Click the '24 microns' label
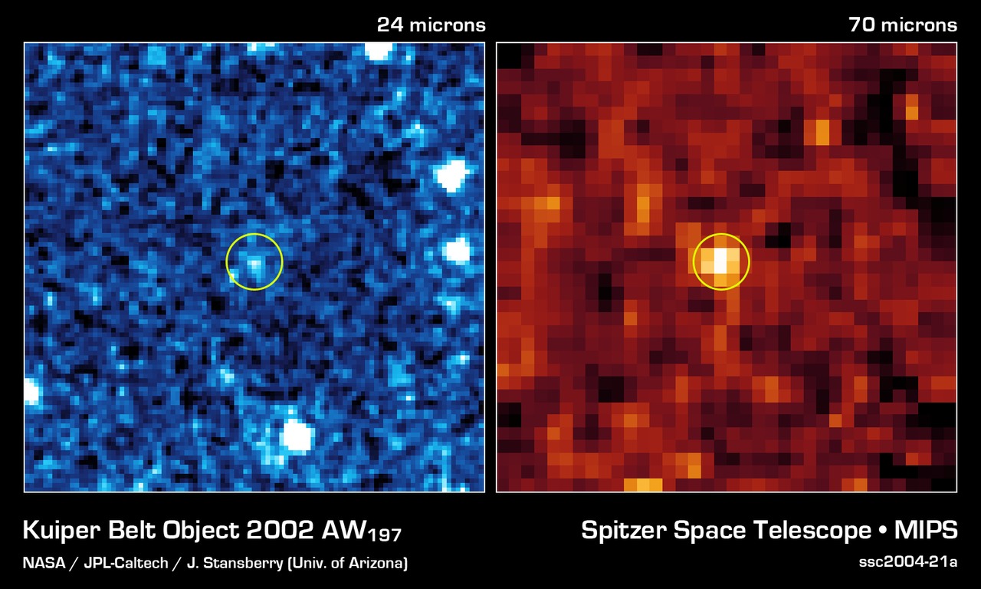pos(431,25)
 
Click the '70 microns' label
pos(903,25)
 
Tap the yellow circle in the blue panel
pos(254,262)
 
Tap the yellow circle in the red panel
pos(720,262)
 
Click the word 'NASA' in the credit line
pos(44,564)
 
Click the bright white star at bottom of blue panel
pos(296,436)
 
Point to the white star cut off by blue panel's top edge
pos(378,51)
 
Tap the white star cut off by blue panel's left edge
pos(31,391)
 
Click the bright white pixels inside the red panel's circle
pos(720,261)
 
